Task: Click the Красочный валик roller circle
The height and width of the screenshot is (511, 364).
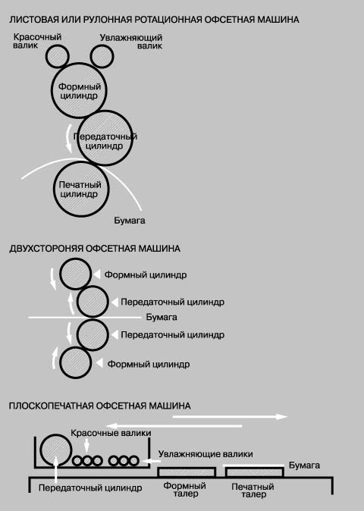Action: pos(58,56)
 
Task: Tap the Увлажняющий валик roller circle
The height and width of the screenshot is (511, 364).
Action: pos(102,56)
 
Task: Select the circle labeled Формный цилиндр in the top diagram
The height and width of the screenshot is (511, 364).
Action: pos(79,90)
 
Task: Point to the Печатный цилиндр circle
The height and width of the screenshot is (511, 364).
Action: pos(81,189)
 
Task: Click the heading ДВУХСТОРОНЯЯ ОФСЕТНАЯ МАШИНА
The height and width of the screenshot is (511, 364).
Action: pos(95,249)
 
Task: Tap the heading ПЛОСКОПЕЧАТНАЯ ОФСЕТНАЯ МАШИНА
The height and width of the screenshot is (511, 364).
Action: pos(99,406)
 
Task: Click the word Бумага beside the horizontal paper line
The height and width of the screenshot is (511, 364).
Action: pos(162,317)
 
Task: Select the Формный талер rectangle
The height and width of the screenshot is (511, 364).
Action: pos(187,472)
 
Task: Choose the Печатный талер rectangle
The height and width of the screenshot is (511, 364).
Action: pos(254,472)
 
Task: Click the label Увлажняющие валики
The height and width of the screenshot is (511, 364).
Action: pos(206,454)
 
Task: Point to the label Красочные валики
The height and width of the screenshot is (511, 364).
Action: pos(111,433)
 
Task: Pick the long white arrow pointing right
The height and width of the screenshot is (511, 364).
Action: pos(230,416)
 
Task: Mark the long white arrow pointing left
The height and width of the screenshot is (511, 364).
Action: pos(174,425)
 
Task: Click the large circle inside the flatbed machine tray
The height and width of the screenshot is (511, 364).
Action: pos(55,450)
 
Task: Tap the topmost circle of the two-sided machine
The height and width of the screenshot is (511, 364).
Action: pos(76,274)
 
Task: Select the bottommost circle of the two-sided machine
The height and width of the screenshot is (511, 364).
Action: pos(76,362)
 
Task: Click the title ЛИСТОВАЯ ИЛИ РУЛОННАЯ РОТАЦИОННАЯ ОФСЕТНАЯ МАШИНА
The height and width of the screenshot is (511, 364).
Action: pos(154,20)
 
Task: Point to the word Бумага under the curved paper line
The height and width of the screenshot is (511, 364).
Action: pos(130,221)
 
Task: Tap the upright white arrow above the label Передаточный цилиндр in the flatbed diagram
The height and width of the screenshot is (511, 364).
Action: pos(56,469)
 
